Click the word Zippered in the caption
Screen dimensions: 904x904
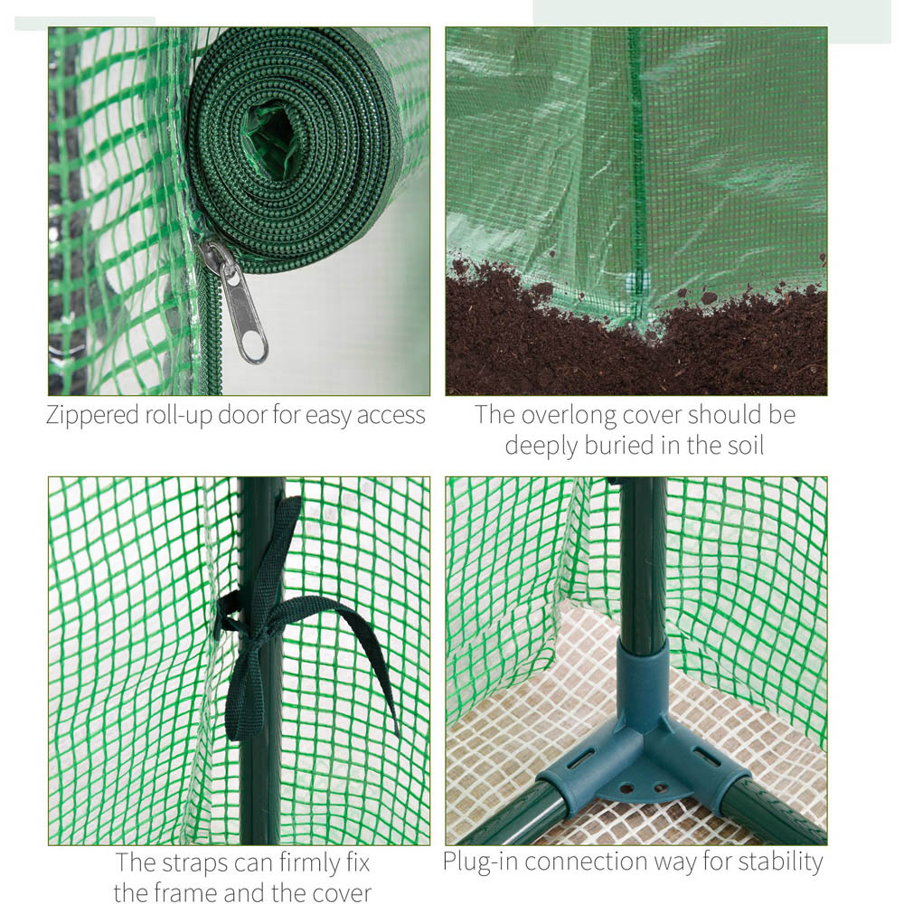pyautogui.click(x=93, y=415)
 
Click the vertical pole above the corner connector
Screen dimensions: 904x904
pyautogui.click(x=643, y=560)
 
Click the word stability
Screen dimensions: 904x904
pyautogui.click(x=779, y=862)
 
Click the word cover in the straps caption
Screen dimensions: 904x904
pyautogui.click(x=336, y=892)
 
